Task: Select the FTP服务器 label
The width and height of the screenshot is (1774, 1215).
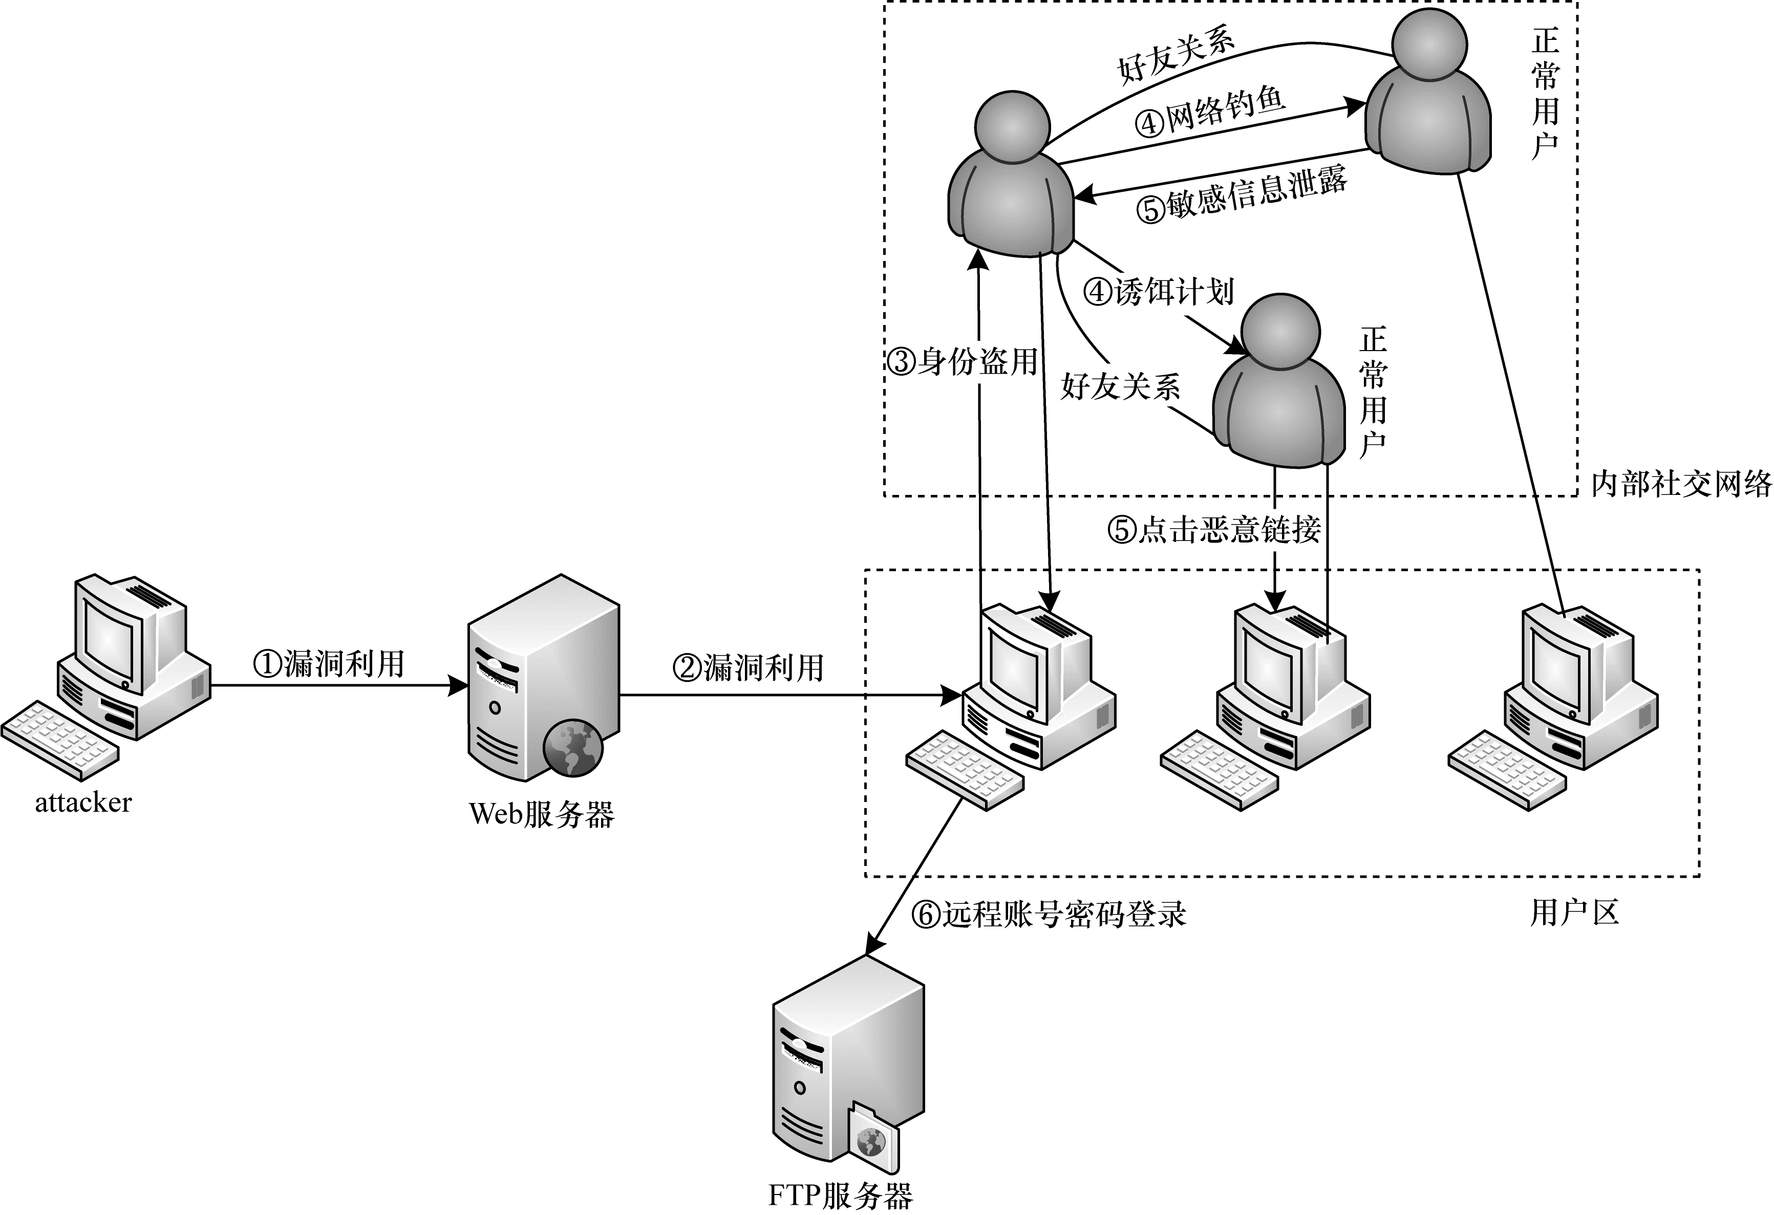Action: pyautogui.click(x=840, y=1195)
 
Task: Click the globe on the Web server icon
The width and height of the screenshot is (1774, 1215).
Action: pyautogui.click(x=572, y=746)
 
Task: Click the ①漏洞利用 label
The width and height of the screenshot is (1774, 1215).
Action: pyautogui.click(x=328, y=664)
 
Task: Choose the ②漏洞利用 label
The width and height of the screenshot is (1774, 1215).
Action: pyautogui.click(x=748, y=668)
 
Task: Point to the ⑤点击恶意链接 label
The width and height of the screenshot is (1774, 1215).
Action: pyautogui.click(x=1214, y=529)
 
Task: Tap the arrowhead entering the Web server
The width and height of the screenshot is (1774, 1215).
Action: pyautogui.click(x=459, y=685)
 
